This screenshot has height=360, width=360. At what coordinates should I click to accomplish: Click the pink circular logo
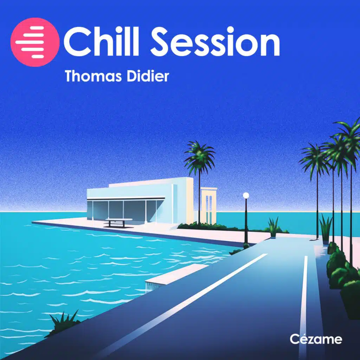(35, 42)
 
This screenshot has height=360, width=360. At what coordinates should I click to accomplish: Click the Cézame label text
(316, 339)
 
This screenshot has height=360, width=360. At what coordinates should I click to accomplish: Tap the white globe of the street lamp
(246, 195)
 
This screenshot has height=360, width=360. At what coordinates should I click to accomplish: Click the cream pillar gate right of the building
(208, 206)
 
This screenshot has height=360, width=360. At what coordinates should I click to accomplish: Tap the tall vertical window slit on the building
(174, 204)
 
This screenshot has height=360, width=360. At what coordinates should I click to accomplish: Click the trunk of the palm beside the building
(199, 197)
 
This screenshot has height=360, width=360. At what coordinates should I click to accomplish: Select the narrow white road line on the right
(303, 299)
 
